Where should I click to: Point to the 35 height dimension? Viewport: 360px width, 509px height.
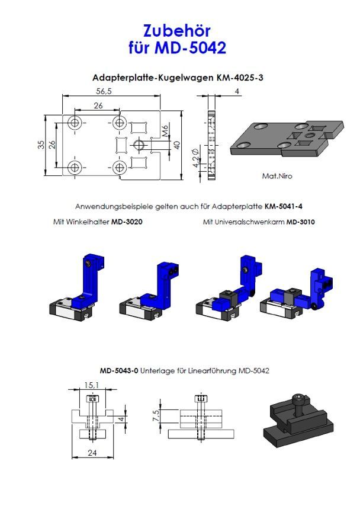tap(41, 145)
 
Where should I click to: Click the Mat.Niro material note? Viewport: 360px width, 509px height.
tap(277, 176)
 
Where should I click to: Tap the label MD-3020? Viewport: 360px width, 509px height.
tap(127, 222)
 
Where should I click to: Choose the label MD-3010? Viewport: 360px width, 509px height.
tap(300, 222)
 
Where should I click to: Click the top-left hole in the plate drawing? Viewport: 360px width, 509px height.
tap(75, 123)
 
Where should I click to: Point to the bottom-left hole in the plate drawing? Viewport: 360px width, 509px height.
tap(75, 167)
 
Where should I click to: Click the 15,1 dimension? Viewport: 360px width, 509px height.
tap(91, 386)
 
